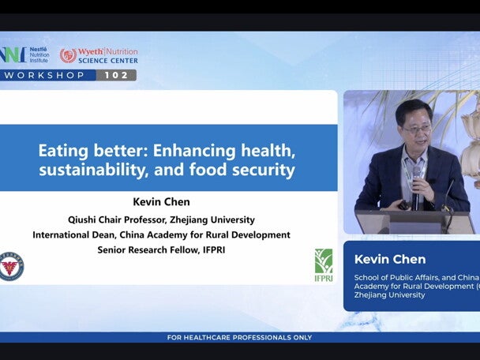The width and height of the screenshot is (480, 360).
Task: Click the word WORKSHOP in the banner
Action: coord(47,75)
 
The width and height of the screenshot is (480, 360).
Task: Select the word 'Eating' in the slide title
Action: coord(65,149)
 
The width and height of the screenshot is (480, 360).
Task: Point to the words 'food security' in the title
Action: coord(253,169)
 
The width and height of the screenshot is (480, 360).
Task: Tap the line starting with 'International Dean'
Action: coord(161,234)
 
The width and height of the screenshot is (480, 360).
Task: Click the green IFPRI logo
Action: coord(324,264)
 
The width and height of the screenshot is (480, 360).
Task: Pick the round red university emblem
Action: coord(11,267)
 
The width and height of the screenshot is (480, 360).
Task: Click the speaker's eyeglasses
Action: coord(416,128)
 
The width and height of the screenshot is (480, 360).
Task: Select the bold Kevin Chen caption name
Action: coord(390,259)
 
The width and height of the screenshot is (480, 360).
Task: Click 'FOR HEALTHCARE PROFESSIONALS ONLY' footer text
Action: coord(239,338)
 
